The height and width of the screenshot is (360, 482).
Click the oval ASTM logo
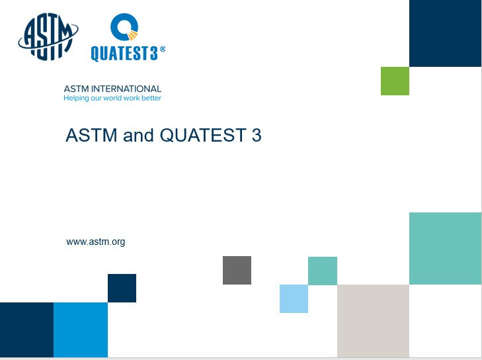tap(48, 36)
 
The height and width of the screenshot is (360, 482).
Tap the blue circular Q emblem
tap(124, 26)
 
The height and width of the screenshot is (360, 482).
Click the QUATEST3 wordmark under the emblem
tap(124, 54)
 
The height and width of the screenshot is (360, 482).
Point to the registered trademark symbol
tap(163, 49)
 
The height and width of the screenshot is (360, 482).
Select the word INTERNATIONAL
tap(126, 89)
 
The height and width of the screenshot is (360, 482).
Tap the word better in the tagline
tap(151, 98)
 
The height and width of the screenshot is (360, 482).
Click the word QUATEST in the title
tap(203, 135)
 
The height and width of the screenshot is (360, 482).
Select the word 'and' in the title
tap(138, 135)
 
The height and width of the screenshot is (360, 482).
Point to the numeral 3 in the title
tap(257, 135)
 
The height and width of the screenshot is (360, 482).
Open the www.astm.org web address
tap(96, 242)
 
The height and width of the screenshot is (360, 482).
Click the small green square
tap(395, 81)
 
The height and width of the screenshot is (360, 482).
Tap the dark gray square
tap(237, 270)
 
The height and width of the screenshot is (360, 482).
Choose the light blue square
tap(294, 298)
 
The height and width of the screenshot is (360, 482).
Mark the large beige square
tap(373, 321)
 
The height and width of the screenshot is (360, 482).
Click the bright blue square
tap(81, 330)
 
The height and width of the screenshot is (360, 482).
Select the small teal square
tap(323, 271)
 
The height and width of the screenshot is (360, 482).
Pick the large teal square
tap(446, 248)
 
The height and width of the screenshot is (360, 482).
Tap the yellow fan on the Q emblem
tap(133, 36)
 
